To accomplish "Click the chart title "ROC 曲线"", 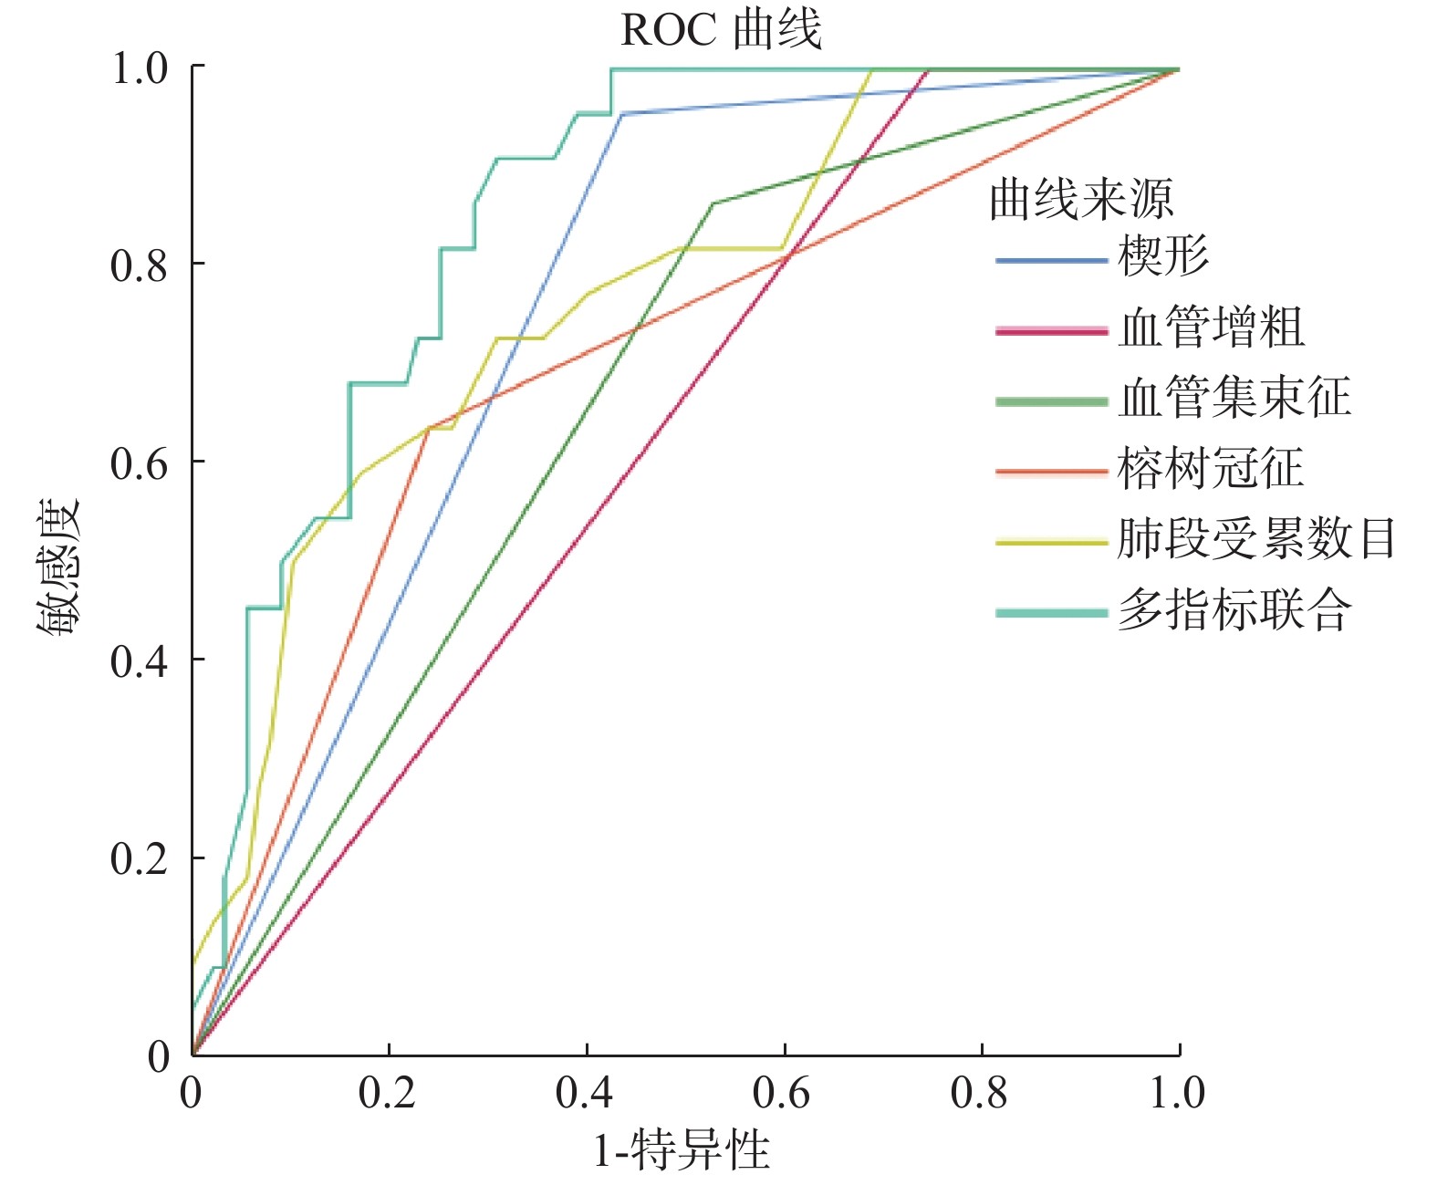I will point(721,30).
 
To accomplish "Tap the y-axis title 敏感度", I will point(58,567).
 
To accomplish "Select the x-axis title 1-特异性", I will point(682,1150).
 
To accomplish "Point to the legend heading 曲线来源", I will point(1081,199).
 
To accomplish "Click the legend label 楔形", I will point(1163,255).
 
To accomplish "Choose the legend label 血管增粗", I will point(1212,327).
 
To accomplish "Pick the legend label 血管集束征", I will point(1234,398).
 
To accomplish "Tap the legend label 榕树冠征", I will point(1211,468).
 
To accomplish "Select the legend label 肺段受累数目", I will point(1256,538).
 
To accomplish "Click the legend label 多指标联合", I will point(1234,609).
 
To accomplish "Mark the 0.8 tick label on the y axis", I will point(139,265).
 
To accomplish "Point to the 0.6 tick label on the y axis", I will point(139,463).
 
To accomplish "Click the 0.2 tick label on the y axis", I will point(139,858).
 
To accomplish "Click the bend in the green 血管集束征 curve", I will point(712,203).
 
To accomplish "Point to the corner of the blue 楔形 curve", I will point(620,114).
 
